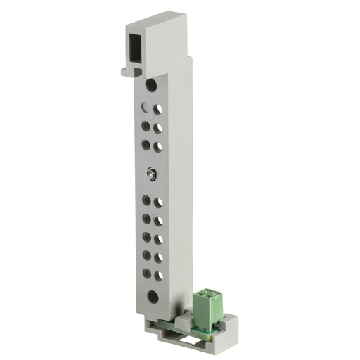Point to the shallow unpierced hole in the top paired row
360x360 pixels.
(145, 108)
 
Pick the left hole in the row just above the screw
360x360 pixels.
(145, 143)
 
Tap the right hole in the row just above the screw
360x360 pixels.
(158, 146)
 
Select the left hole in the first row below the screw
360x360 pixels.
(145, 200)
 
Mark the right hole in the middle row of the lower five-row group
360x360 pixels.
(158, 239)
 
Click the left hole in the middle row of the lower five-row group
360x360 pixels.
(145, 237)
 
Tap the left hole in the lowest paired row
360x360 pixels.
(145, 273)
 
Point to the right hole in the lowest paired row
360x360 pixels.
(158, 275)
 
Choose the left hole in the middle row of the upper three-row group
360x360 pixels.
(145, 126)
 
